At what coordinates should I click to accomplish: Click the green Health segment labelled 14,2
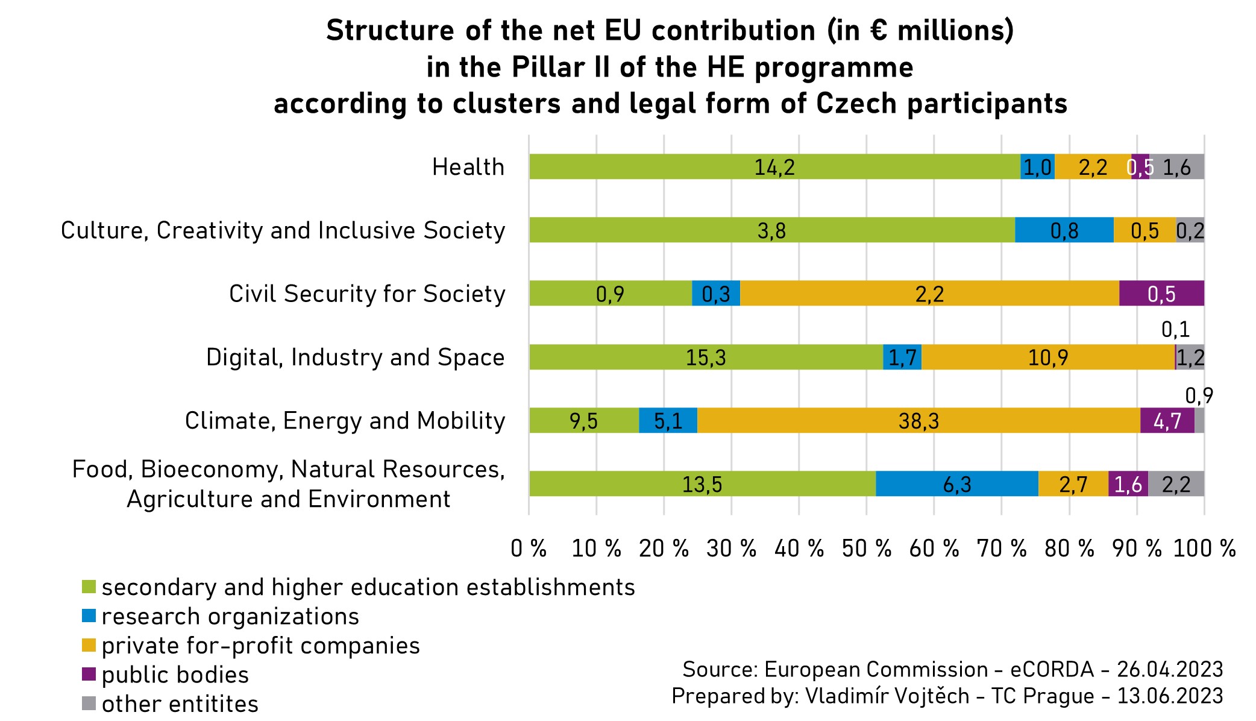coord(774,167)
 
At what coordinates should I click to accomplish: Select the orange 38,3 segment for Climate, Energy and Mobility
coord(918,421)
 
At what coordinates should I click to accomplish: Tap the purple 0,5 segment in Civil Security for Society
coord(1161,294)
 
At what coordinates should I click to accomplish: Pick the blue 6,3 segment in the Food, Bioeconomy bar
coord(956,484)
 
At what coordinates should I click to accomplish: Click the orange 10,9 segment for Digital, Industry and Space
coord(1047,357)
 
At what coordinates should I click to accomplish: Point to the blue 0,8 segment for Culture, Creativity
coord(1064,230)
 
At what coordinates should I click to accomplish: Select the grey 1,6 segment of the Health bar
coord(1176,167)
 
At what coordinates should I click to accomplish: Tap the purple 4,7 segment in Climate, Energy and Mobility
coord(1167,421)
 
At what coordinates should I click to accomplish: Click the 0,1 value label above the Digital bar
coord(1175,330)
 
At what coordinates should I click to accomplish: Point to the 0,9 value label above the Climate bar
coord(1199,396)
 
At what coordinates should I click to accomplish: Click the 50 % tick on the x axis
coord(866,549)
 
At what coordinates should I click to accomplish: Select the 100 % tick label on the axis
coord(1204,549)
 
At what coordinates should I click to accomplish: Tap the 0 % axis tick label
coord(529,549)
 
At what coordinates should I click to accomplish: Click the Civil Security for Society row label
coord(366,294)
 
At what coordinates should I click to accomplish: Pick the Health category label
coord(468,167)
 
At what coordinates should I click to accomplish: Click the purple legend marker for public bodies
coord(89,674)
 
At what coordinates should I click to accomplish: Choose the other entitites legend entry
coord(180,704)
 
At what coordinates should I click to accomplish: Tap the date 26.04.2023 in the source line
coord(1170,669)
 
